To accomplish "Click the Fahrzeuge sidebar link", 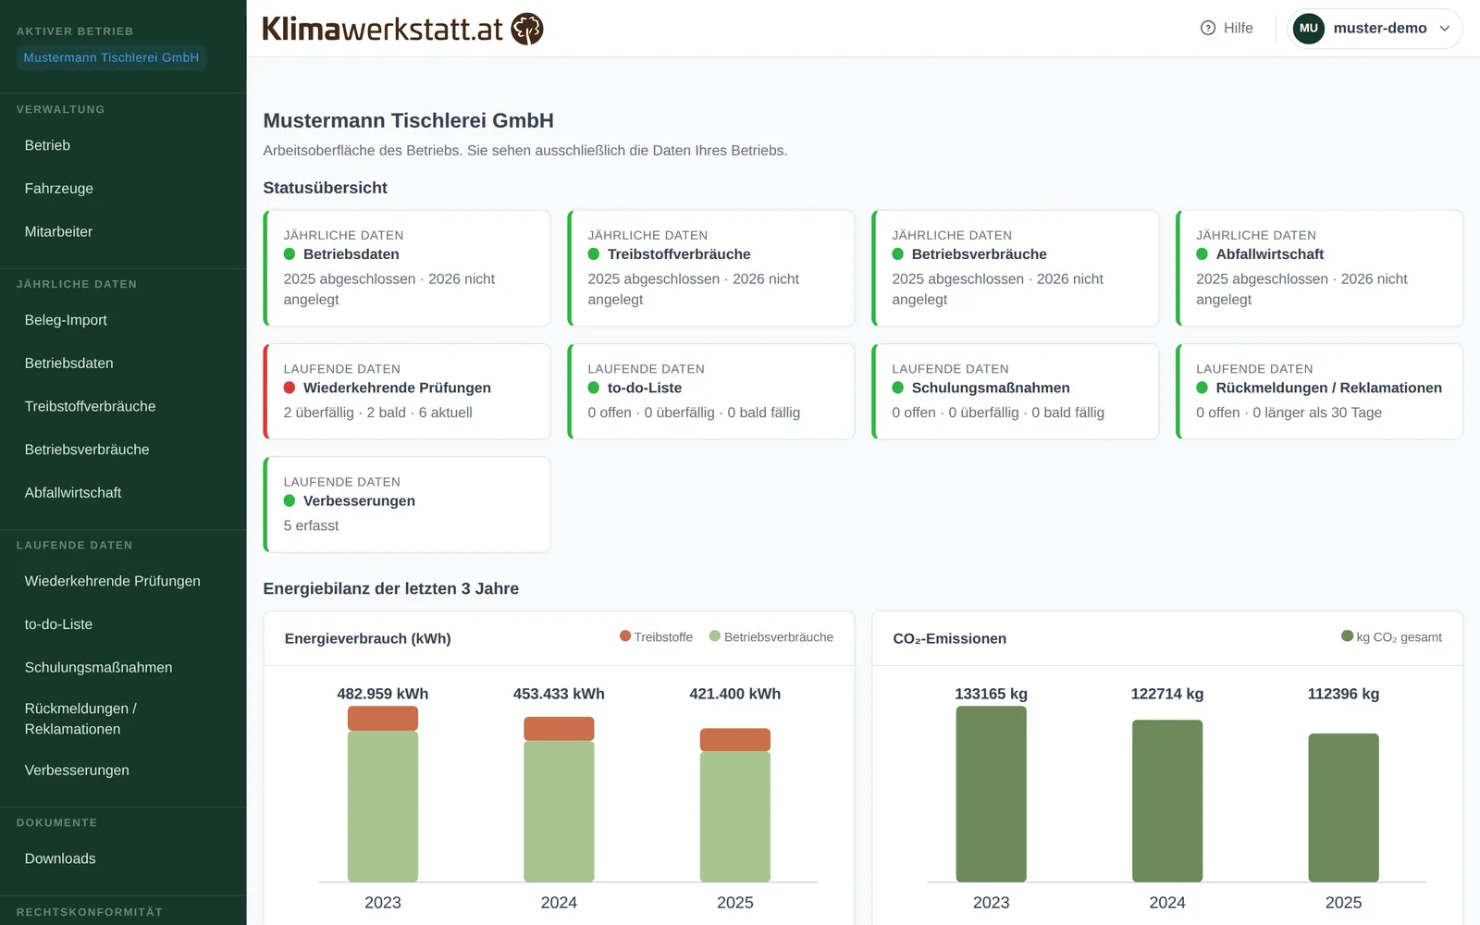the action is [59, 189].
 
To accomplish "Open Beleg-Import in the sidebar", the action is [66, 320].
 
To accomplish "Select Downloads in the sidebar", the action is [60, 858].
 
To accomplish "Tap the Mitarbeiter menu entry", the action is [58, 231].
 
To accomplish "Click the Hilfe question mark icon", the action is [1208, 28].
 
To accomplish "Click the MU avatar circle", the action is [1308, 28].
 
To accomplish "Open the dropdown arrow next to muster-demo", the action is [1444, 29].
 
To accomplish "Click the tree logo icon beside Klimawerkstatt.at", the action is [527, 29].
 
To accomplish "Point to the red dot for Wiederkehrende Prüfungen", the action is [290, 388].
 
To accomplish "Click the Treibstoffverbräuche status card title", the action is [679, 254].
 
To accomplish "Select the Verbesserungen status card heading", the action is [359, 500].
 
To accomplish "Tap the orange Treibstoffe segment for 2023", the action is [383, 718].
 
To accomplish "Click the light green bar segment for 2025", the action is [734, 817].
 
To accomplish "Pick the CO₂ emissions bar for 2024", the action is [1166, 801].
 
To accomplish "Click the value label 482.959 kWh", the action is [383, 694].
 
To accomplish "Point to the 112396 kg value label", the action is [1343, 694].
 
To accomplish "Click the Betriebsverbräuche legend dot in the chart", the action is [714, 635].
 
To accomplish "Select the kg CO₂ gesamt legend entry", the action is [1391, 637].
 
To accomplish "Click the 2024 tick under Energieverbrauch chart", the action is [559, 903].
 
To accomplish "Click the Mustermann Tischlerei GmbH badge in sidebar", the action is [111, 57].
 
